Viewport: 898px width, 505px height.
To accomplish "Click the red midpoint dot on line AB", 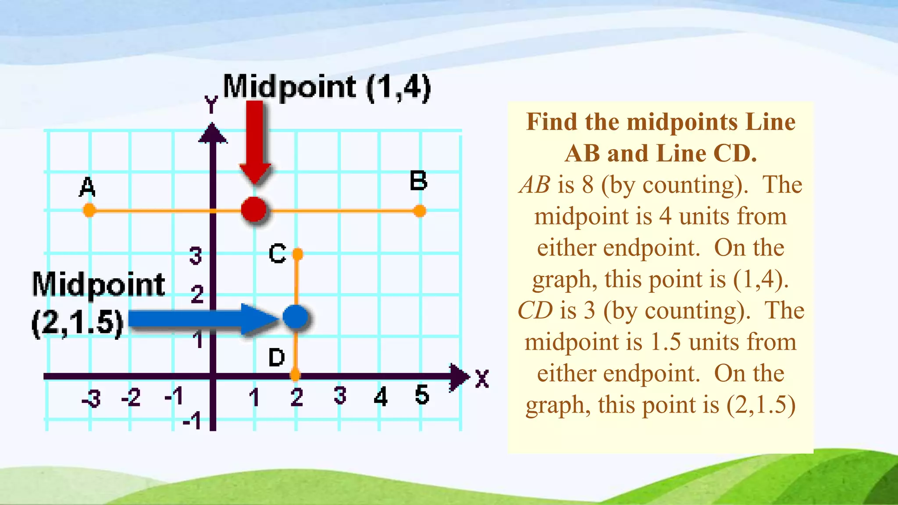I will tap(254, 210).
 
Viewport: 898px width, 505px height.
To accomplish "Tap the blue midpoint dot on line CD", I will tap(295, 317).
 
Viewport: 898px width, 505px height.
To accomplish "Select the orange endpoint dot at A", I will tap(89, 210).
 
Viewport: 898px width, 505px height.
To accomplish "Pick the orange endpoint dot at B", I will tap(420, 211).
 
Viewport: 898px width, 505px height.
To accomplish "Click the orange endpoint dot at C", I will tap(298, 254).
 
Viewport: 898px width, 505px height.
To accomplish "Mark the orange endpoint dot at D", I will tap(295, 375).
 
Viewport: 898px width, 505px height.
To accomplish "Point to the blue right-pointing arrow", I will tap(202, 319).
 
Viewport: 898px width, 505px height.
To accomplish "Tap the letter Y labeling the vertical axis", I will tap(211, 105).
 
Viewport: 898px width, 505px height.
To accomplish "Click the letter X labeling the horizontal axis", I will tap(482, 379).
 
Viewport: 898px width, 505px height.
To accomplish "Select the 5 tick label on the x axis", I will tap(422, 395).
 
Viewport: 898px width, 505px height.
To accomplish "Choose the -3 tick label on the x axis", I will tap(92, 398).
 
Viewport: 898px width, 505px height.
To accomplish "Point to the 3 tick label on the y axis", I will tap(196, 256).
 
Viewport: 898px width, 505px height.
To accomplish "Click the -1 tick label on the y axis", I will tap(192, 421).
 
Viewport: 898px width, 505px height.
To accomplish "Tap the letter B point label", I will tap(418, 181).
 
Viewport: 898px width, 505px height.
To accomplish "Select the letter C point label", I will tap(277, 254).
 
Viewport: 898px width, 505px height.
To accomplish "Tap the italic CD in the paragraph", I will tap(535, 310).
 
